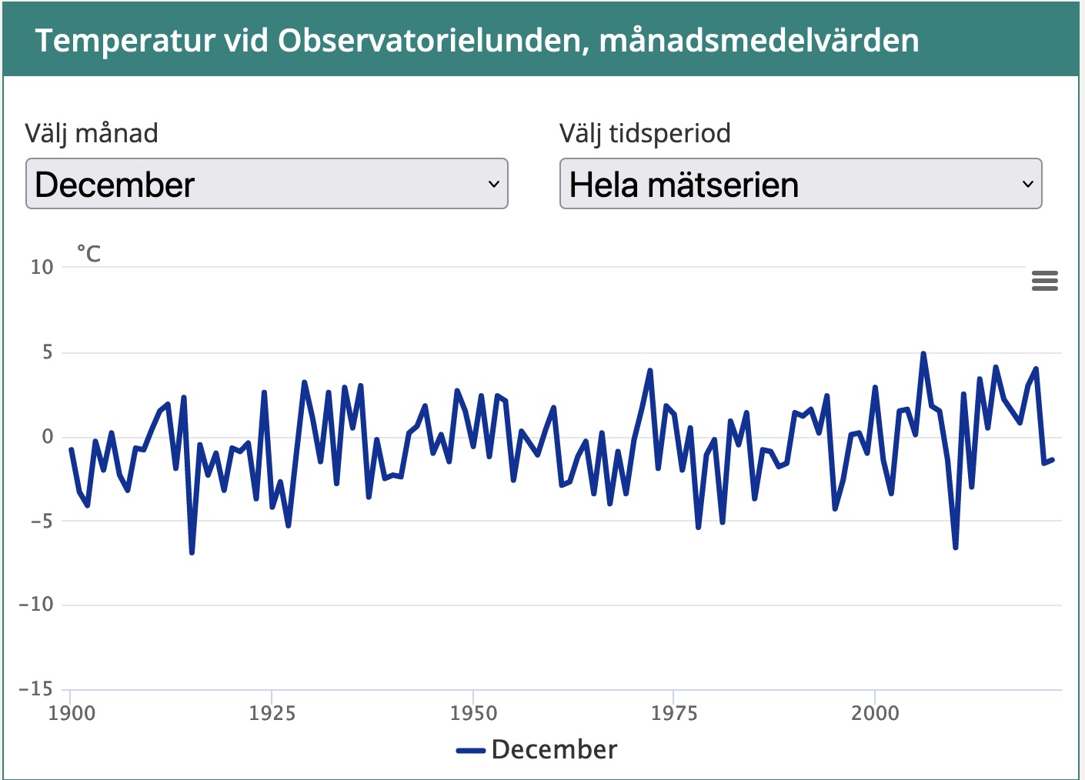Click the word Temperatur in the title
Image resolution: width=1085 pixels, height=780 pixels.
tap(125, 41)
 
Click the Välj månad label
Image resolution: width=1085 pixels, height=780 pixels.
tap(92, 133)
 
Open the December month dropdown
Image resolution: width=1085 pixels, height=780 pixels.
tap(266, 184)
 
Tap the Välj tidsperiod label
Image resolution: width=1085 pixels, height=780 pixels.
tap(645, 133)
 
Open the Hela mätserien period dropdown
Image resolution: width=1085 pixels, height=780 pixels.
tap(800, 184)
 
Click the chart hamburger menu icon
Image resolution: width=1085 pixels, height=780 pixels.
tap(1044, 281)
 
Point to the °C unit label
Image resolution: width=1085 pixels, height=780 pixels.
tap(88, 254)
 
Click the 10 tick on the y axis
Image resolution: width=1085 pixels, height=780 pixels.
tap(42, 268)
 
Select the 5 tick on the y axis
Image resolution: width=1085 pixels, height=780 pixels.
tap(48, 352)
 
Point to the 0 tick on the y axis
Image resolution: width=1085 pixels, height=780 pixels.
tap(48, 437)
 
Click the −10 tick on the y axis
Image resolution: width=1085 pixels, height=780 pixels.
tap(36, 605)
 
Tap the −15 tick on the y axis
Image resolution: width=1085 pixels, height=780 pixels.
tap(36, 689)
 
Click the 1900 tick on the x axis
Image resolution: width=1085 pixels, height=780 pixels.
tap(72, 713)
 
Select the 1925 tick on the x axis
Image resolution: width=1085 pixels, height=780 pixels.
tap(272, 713)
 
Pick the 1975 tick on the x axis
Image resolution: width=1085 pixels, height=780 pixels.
tap(673, 713)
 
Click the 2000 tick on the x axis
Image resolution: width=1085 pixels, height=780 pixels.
tap(875, 713)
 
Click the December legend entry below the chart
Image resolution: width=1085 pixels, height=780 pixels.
tap(538, 750)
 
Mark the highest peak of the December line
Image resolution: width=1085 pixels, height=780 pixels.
tap(923, 354)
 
